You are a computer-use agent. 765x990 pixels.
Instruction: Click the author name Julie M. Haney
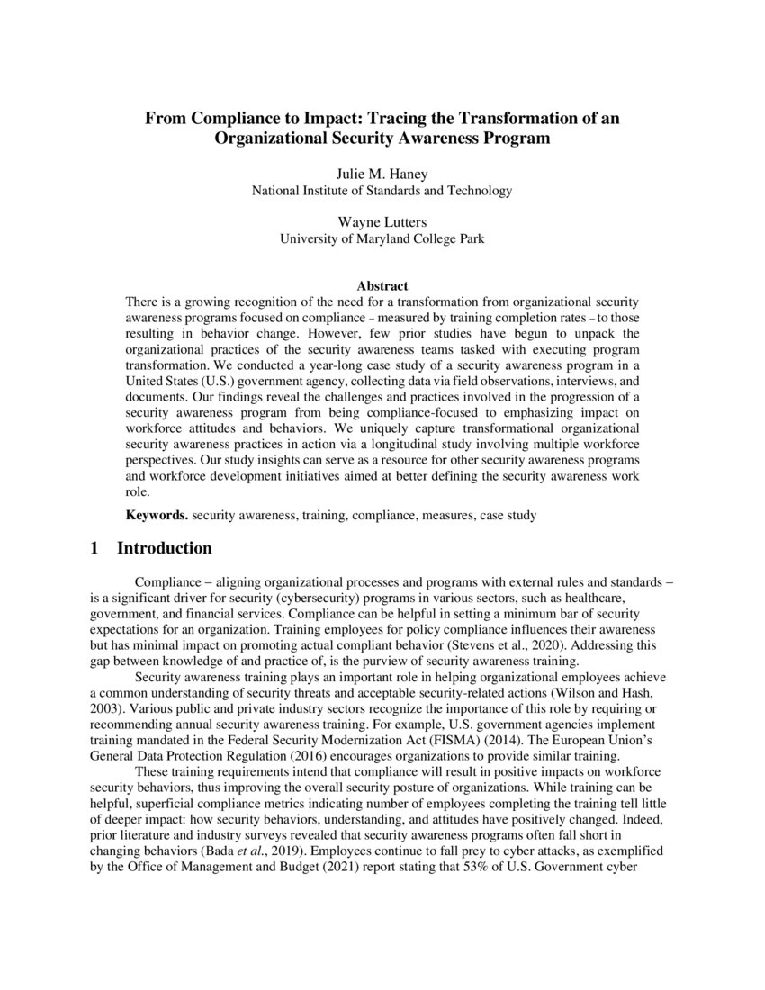coord(382,174)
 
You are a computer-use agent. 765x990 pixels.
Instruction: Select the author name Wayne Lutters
coord(382,221)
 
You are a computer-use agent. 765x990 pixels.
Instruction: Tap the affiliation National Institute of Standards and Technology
coord(382,191)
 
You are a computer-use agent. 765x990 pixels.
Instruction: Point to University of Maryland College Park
coord(382,238)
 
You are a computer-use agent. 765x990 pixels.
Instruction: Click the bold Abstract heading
coord(382,286)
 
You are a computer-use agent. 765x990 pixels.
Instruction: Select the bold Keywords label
coord(156,516)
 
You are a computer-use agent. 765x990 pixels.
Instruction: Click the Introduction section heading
coord(165,548)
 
